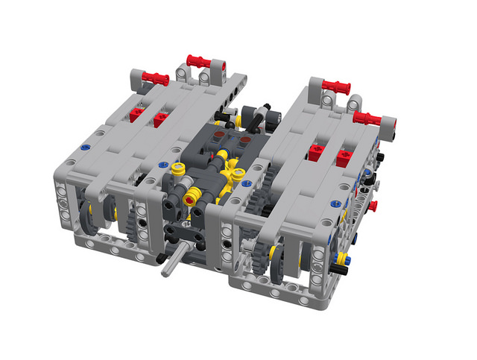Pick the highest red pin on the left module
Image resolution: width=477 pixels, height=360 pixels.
click(201, 60)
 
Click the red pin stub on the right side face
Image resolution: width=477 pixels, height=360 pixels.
click(373, 205)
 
